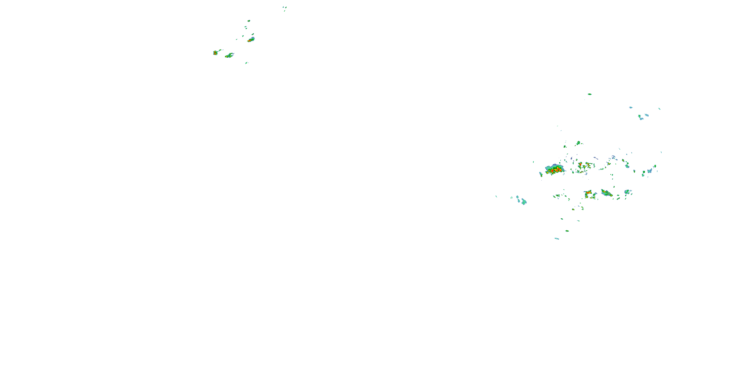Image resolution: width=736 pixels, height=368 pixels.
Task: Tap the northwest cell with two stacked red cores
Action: click(x=215, y=53)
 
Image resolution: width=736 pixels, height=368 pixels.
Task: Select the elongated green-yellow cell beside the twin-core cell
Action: click(x=229, y=55)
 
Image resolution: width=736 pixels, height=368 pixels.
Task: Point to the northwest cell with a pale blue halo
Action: click(x=251, y=40)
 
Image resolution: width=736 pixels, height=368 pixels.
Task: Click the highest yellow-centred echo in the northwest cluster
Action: click(x=249, y=21)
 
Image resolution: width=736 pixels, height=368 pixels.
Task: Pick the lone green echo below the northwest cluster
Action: click(x=246, y=63)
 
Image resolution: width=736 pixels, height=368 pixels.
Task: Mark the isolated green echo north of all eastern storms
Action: click(x=590, y=94)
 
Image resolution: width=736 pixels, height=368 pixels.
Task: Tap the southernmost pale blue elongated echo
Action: click(x=557, y=238)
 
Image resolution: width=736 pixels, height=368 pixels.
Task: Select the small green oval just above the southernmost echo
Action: click(x=567, y=231)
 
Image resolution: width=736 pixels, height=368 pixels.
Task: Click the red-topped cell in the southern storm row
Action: click(x=589, y=193)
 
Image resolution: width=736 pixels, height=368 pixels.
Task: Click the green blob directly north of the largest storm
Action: click(x=578, y=143)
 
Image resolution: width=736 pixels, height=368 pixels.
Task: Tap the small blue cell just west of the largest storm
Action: click(x=540, y=174)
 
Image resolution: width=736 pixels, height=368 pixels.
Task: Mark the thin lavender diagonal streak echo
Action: click(x=595, y=158)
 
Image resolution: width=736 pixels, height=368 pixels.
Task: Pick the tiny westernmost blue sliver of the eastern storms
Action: click(x=496, y=196)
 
